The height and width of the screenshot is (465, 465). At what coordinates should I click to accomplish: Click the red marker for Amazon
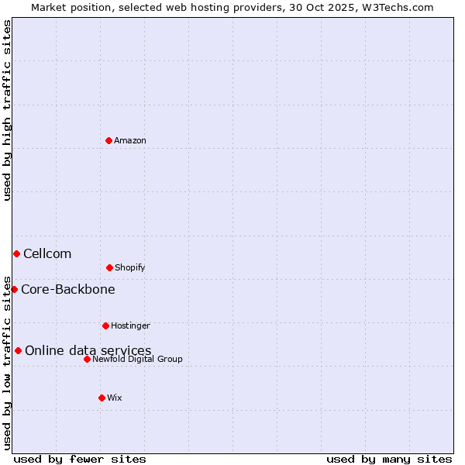[x=108, y=140]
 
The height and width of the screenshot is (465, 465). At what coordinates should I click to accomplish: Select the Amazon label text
[x=130, y=141]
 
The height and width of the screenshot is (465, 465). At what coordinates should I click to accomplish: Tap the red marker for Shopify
[x=109, y=267]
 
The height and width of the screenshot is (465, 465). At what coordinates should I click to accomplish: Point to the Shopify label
[x=129, y=268]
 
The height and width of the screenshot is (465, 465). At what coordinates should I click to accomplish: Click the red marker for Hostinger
[x=105, y=325]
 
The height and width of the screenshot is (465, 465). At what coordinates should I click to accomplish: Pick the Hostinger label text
[x=130, y=326]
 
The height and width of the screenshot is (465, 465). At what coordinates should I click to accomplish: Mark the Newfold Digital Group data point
[x=87, y=359]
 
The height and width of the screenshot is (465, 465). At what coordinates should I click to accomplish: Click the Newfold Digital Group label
[x=137, y=360]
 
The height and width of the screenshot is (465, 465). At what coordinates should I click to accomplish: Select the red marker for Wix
[x=102, y=398]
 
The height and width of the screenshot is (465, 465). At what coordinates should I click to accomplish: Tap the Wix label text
[x=115, y=398]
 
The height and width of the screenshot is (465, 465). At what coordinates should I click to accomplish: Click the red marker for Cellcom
[x=16, y=253]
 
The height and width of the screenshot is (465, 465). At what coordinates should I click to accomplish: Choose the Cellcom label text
[x=47, y=254]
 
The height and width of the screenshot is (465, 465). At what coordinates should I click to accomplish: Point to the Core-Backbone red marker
[x=14, y=289]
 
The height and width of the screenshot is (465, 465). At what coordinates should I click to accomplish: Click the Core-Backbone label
[x=68, y=290]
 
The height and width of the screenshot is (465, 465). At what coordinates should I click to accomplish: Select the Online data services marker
[x=18, y=350]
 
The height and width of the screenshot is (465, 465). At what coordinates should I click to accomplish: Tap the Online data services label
[x=88, y=351]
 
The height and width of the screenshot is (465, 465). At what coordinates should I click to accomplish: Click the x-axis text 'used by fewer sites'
[x=80, y=459]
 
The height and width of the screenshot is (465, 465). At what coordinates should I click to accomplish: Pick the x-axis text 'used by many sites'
[x=389, y=459]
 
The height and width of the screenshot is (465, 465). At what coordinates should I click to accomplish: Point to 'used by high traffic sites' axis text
[x=7, y=110]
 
